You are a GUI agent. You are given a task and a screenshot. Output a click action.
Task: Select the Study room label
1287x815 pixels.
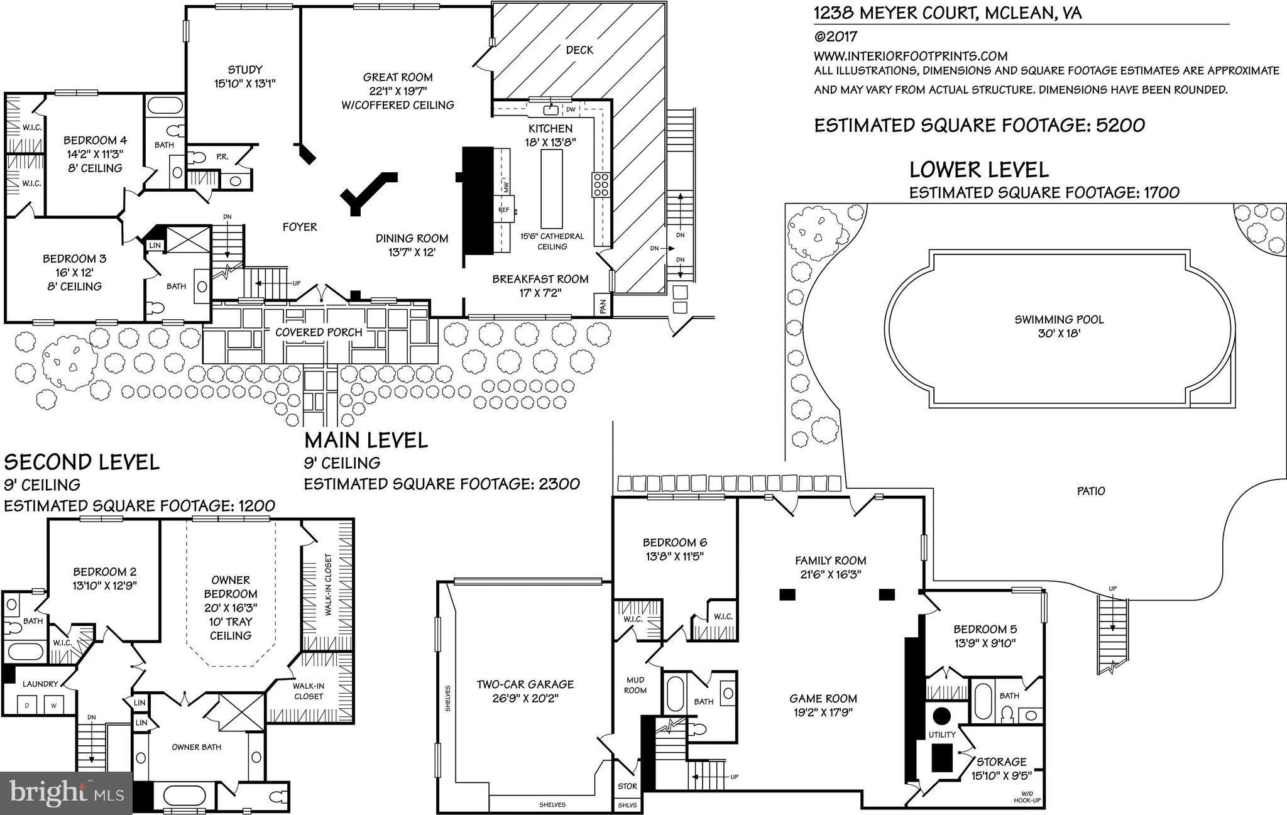(x=244, y=70)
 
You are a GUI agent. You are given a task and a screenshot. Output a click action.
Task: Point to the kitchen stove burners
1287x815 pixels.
(x=600, y=185)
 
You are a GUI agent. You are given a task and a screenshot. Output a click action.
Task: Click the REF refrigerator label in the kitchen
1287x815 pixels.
(x=504, y=210)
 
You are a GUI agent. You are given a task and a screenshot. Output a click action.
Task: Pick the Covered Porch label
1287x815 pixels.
(x=319, y=332)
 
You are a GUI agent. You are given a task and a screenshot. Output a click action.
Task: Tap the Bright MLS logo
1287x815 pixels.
(x=65, y=792)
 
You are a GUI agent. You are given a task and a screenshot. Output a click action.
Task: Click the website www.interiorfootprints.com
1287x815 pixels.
(x=911, y=56)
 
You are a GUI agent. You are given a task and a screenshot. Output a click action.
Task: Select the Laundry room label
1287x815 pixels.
(x=40, y=684)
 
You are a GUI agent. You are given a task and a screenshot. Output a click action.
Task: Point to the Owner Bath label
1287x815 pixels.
(x=196, y=747)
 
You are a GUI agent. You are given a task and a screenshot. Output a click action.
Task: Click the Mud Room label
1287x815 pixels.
(x=635, y=685)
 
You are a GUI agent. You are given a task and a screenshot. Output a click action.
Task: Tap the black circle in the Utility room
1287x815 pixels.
(x=941, y=716)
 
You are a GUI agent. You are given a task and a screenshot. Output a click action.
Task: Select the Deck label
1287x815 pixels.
(x=579, y=50)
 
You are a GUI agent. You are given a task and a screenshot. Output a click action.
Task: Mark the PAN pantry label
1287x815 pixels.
(x=603, y=306)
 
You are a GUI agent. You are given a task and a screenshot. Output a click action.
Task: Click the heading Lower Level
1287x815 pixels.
(x=979, y=170)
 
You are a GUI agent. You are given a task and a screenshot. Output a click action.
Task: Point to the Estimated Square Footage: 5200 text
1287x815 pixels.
(x=979, y=125)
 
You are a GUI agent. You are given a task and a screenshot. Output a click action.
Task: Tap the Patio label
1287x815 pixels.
(x=1090, y=491)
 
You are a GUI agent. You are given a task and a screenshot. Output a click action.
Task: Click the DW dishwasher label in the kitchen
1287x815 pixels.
(x=571, y=110)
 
